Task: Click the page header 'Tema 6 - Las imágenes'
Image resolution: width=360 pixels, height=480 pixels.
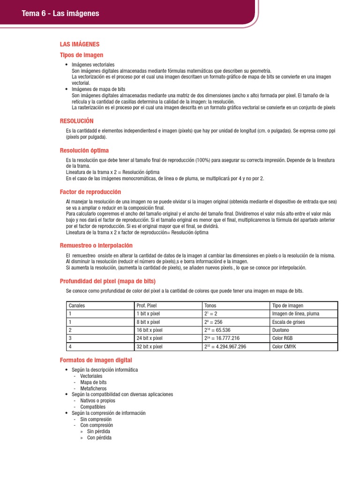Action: tap(60, 14)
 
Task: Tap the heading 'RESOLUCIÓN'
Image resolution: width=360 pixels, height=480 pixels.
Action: tap(77, 121)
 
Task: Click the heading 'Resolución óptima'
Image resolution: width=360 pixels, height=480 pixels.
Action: tap(84, 150)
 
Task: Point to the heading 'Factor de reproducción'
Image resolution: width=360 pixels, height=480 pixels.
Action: tap(90, 192)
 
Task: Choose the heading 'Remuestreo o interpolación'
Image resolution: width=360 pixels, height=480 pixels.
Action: tap(96, 245)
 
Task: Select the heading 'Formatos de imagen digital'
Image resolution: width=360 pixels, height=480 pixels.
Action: tap(96, 360)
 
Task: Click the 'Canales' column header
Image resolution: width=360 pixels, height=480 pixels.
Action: tap(77, 306)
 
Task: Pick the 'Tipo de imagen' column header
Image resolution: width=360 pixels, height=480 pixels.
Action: tap(287, 306)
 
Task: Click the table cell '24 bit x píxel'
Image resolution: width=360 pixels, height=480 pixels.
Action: tap(150, 338)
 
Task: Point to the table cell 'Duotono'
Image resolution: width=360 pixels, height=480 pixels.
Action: tap(281, 330)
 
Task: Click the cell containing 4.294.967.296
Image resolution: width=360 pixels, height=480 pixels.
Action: tap(225, 346)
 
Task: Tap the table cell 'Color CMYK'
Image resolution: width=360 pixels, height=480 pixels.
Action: tap(284, 346)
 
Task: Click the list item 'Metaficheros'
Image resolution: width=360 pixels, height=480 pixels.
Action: tap(93, 388)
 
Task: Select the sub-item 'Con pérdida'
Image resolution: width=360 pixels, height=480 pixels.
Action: tap(99, 437)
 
